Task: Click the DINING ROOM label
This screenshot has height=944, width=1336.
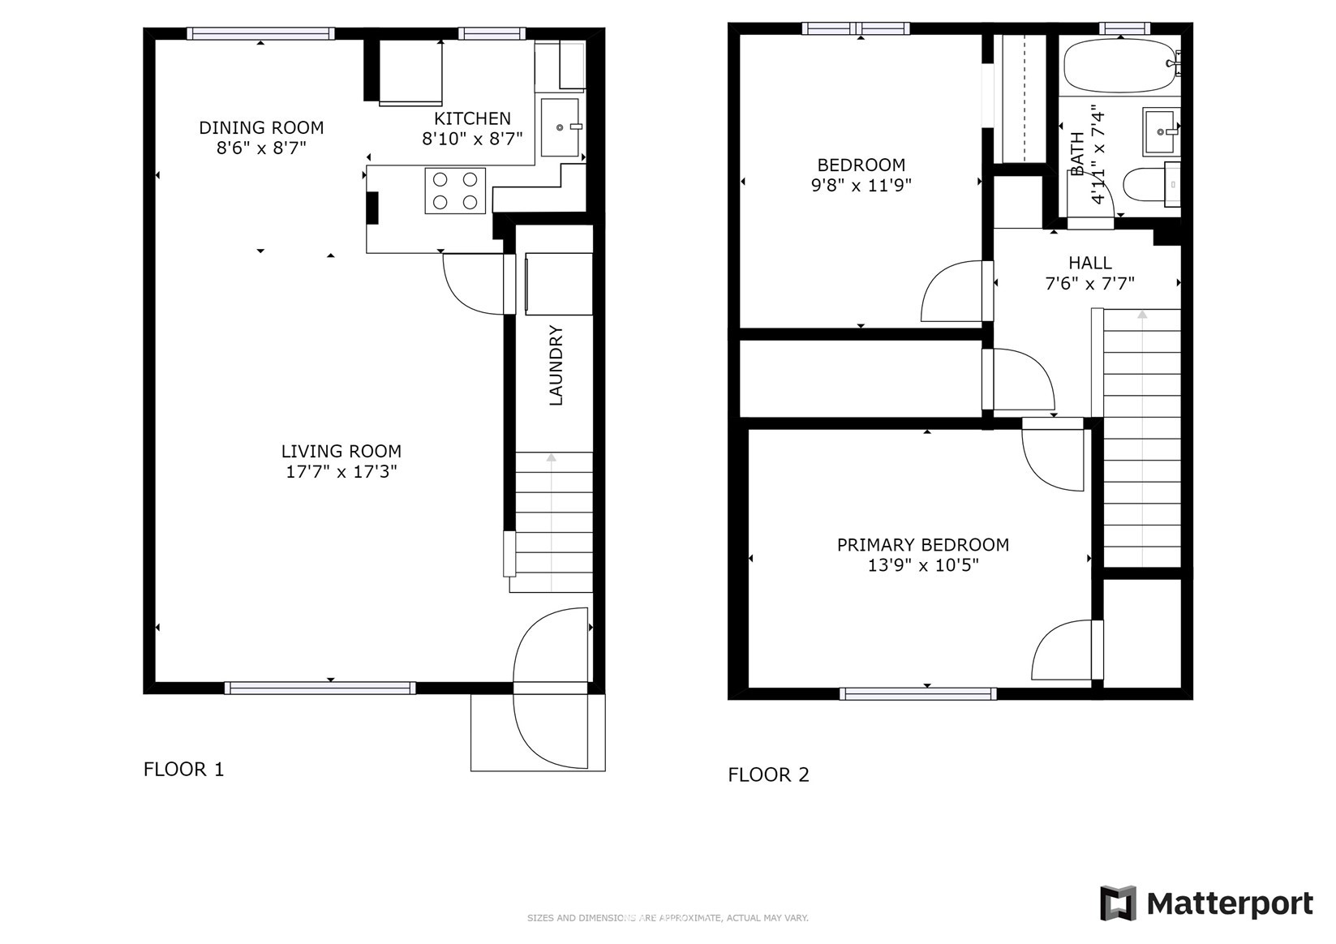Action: (x=261, y=127)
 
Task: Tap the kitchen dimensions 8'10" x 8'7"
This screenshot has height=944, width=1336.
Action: (x=472, y=139)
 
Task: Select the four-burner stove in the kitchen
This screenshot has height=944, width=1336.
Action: (x=455, y=191)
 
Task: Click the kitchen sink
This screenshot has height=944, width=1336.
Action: (x=560, y=127)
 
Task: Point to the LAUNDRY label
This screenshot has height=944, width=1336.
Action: (x=556, y=365)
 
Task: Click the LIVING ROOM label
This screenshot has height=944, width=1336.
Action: (x=342, y=451)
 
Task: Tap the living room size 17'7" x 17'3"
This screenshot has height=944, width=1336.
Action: (x=342, y=472)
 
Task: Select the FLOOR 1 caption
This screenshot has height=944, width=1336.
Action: (x=183, y=770)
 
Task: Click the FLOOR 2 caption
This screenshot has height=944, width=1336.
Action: (x=768, y=775)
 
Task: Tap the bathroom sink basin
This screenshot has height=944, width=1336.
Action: (x=1162, y=131)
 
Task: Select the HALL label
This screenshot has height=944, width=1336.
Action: (x=1089, y=263)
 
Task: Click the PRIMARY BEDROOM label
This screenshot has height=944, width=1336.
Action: (x=922, y=544)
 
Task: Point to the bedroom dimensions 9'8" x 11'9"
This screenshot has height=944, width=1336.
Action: (x=861, y=186)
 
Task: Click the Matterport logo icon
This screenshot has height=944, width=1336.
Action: (x=1118, y=903)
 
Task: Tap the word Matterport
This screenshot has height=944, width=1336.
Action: (x=1230, y=904)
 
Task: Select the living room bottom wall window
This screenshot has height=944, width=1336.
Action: (x=320, y=689)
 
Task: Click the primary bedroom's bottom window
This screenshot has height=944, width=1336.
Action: (x=918, y=693)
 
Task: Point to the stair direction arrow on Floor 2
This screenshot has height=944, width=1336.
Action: (x=1142, y=438)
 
